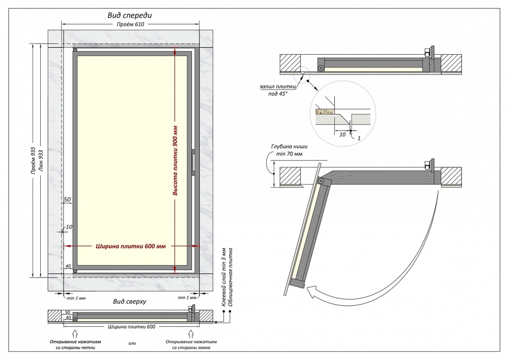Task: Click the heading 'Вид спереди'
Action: pos(129,15)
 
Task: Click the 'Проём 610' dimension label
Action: pos(131,24)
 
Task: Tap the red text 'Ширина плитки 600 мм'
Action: pos(130,246)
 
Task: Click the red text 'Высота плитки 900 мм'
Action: pos(174,160)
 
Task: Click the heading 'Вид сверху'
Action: pos(129,301)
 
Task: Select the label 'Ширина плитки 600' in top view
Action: pos(131,327)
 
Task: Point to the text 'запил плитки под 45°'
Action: pos(277,89)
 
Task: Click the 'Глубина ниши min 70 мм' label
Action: pos(287,150)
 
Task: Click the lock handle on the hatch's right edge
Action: pos(193,162)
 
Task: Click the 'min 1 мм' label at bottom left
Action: pos(76,298)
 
